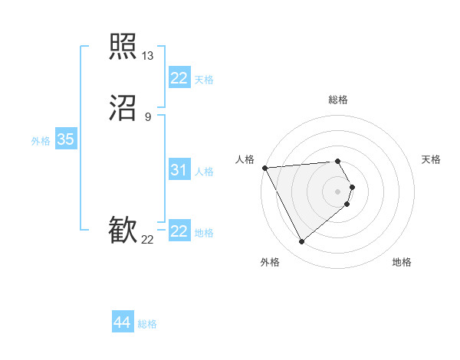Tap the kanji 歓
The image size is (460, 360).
pos(123,231)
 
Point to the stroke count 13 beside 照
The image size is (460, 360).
pos(147,56)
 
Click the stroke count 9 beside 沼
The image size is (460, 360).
pos(147,117)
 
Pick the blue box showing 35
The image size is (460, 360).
pos(65,139)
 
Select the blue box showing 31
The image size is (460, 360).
pos(179,170)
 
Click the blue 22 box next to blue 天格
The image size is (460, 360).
pos(179,78)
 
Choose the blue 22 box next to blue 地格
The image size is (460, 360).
pos(179,231)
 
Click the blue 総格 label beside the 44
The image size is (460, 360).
pos(147,324)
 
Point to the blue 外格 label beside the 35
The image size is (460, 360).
pos(41,141)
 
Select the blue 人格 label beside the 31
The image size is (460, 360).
pos(204,172)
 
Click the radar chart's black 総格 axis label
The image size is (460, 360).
pos(338,100)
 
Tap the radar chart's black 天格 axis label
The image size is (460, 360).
pos(432,159)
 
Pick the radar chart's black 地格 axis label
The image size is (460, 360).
pos(402,263)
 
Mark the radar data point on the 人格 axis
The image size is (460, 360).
pos(264,167)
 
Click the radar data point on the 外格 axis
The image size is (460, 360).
pos(301,242)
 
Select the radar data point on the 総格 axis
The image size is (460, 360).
pos(338,161)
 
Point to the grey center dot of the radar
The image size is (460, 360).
pos(338,191)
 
